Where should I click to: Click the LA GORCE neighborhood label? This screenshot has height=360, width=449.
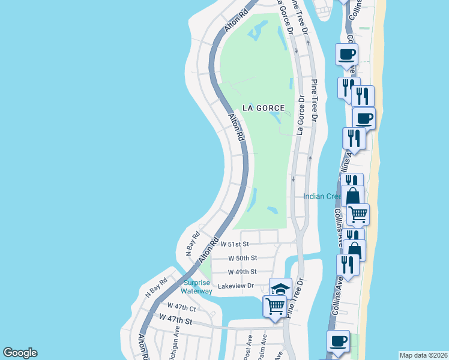pyautogui.click(x=263, y=108)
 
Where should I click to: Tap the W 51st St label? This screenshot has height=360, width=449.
pyautogui.click(x=234, y=244)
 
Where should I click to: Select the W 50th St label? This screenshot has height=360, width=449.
pyautogui.click(x=243, y=258)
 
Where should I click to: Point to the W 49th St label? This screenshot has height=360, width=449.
pyautogui.click(x=243, y=272)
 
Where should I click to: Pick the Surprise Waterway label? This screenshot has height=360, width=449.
pyautogui.click(x=197, y=287)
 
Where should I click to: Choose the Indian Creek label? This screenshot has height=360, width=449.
pyautogui.click(x=322, y=196)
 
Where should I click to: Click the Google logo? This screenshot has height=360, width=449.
pyautogui.click(x=20, y=353)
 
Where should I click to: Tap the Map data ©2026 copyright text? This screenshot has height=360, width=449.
pyautogui.click(x=423, y=355)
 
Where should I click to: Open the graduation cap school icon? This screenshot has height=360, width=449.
pyautogui.click(x=280, y=289)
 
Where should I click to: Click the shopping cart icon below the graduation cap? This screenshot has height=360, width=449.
pyautogui.click(x=275, y=306)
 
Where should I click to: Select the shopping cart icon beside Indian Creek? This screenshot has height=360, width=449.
pyautogui.click(x=358, y=213)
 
